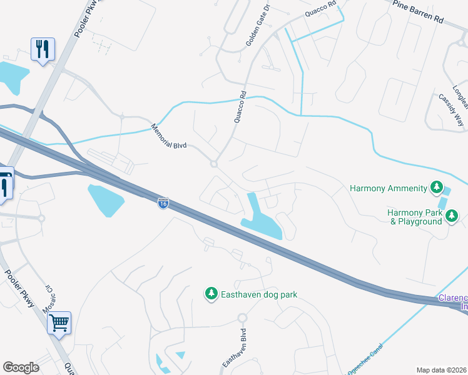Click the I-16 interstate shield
[x=163, y=204]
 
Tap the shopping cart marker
[x=59, y=324]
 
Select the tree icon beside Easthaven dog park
[x=211, y=292]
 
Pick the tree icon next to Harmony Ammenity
[x=436, y=187]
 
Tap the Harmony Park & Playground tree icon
[x=452, y=216]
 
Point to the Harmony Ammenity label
[x=388, y=187]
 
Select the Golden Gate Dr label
[x=258, y=26]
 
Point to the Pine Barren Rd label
[x=417, y=12]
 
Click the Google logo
[x=21, y=367]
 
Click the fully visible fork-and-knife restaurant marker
[x=43, y=49]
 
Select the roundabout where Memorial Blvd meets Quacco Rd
[x=214, y=164]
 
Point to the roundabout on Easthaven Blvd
[x=242, y=317]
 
